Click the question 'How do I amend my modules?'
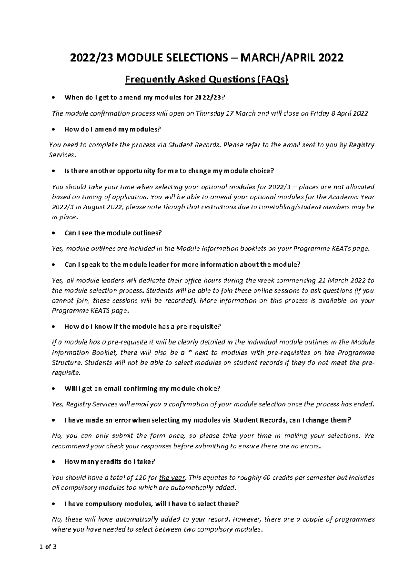(113, 129)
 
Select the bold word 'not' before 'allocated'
(338, 187)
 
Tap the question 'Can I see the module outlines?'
(113, 233)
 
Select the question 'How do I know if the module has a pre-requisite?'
(142, 326)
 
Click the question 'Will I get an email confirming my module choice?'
(142, 388)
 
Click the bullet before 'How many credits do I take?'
(53, 462)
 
